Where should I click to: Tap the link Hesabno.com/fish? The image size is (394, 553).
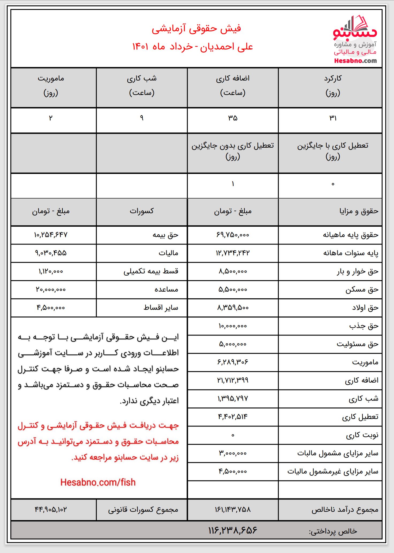(98, 482)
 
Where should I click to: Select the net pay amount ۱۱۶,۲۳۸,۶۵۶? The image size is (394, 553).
(233, 530)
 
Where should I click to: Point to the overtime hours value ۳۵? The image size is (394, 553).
(233, 118)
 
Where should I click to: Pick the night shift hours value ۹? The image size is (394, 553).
(142, 118)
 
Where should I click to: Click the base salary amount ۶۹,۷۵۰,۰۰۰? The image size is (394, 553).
(233, 235)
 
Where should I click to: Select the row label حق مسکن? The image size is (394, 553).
(362, 289)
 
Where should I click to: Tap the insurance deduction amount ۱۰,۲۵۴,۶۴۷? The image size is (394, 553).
(51, 235)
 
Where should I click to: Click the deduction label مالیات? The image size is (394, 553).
(168, 253)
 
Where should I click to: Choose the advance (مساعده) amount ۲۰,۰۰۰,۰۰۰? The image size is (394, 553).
(51, 289)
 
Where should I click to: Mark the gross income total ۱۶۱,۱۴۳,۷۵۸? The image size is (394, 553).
(233, 509)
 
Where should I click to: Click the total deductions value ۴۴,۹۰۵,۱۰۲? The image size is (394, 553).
(51, 509)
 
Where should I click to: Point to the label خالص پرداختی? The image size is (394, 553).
(333, 531)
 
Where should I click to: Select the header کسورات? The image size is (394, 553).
(142, 211)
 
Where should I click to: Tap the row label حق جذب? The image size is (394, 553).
(364, 326)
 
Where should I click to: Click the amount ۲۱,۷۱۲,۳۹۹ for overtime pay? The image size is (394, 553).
(233, 380)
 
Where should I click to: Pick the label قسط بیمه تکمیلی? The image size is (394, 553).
(151, 271)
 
